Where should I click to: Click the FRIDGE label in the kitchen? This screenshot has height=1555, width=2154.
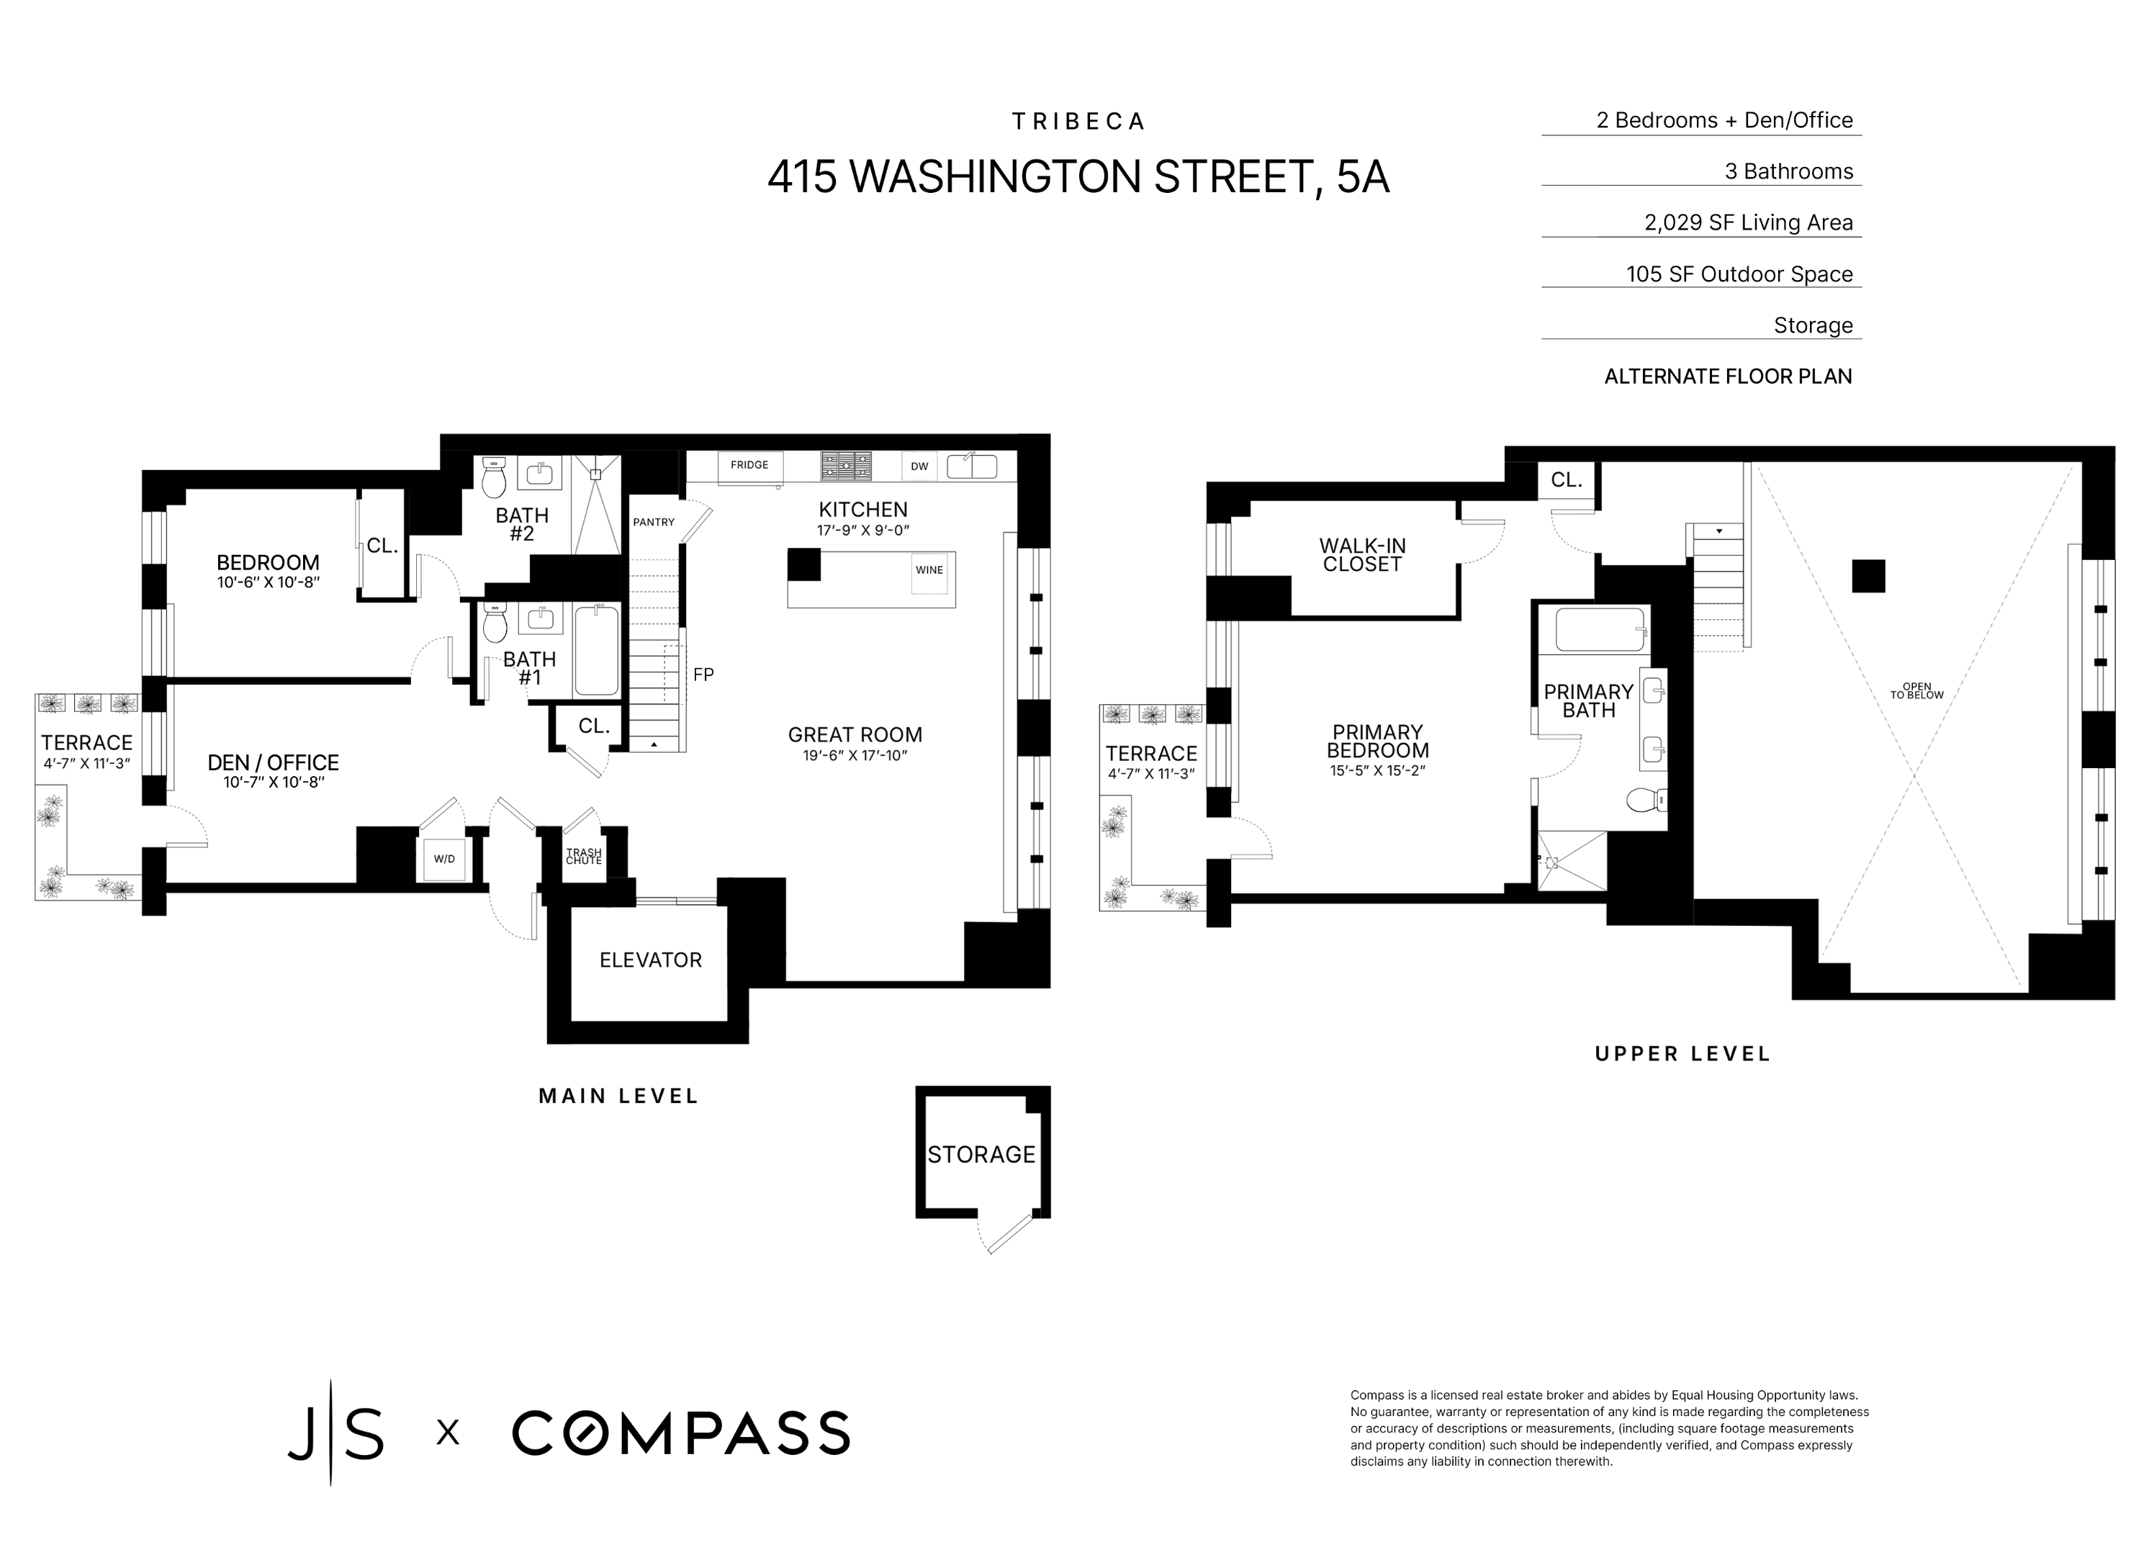(x=749, y=466)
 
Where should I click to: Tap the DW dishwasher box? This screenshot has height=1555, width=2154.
(x=919, y=466)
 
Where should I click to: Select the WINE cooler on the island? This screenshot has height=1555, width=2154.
(x=929, y=571)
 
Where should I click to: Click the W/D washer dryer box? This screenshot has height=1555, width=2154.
(x=444, y=859)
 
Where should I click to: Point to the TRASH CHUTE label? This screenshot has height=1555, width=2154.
(x=584, y=857)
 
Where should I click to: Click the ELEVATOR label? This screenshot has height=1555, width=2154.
(x=651, y=960)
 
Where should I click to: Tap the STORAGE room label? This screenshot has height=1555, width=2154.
(x=981, y=1154)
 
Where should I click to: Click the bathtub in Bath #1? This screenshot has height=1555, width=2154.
(x=596, y=651)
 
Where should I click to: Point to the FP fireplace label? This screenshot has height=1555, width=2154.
(x=703, y=675)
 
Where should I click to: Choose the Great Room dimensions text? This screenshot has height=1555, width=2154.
(x=855, y=756)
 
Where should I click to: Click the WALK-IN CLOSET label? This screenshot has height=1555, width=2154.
(x=1362, y=555)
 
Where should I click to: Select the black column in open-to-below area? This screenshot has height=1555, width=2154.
(x=1868, y=577)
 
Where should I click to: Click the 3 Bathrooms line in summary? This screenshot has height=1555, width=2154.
(x=1788, y=172)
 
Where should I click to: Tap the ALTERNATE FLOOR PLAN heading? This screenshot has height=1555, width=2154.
(x=1728, y=377)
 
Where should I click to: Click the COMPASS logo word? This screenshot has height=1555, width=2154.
(x=680, y=1433)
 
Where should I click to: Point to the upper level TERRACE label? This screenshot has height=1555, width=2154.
(x=1151, y=753)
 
